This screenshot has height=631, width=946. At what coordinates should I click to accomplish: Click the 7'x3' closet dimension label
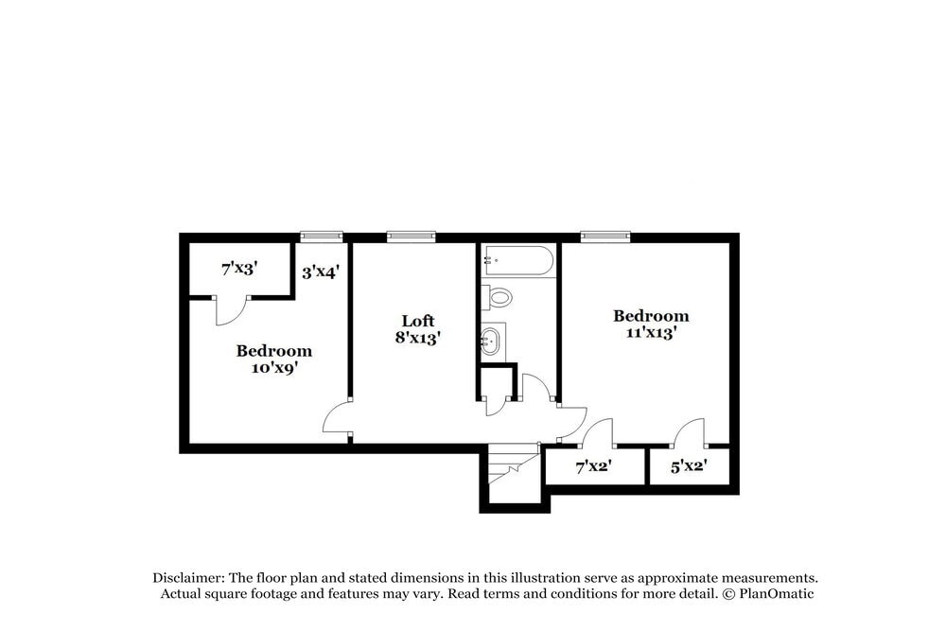[x=239, y=269]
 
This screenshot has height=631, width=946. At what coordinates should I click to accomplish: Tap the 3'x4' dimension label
[x=321, y=272]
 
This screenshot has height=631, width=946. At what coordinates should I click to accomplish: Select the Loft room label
[x=417, y=321]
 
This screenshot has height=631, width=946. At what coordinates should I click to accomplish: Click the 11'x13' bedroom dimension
[x=651, y=333]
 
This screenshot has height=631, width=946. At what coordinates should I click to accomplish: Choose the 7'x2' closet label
[x=594, y=465]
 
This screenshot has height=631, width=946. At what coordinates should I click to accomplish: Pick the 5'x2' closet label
[x=688, y=465]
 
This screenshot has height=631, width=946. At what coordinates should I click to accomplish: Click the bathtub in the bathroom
[x=517, y=262]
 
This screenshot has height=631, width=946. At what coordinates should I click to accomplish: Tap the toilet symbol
[x=498, y=297]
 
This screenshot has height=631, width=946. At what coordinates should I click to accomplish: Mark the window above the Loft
[x=411, y=237]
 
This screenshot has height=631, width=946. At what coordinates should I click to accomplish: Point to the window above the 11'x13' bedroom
[x=605, y=237]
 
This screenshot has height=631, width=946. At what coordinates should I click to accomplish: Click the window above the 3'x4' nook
[x=321, y=237]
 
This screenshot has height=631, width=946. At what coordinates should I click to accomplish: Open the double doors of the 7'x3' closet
[x=232, y=310]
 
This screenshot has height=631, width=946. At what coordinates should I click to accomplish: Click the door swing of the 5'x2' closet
[x=691, y=433]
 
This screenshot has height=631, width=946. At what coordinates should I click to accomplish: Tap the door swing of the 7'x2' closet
[x=598, y=433]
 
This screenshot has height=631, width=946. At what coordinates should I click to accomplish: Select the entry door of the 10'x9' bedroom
[x=338, y=419]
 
